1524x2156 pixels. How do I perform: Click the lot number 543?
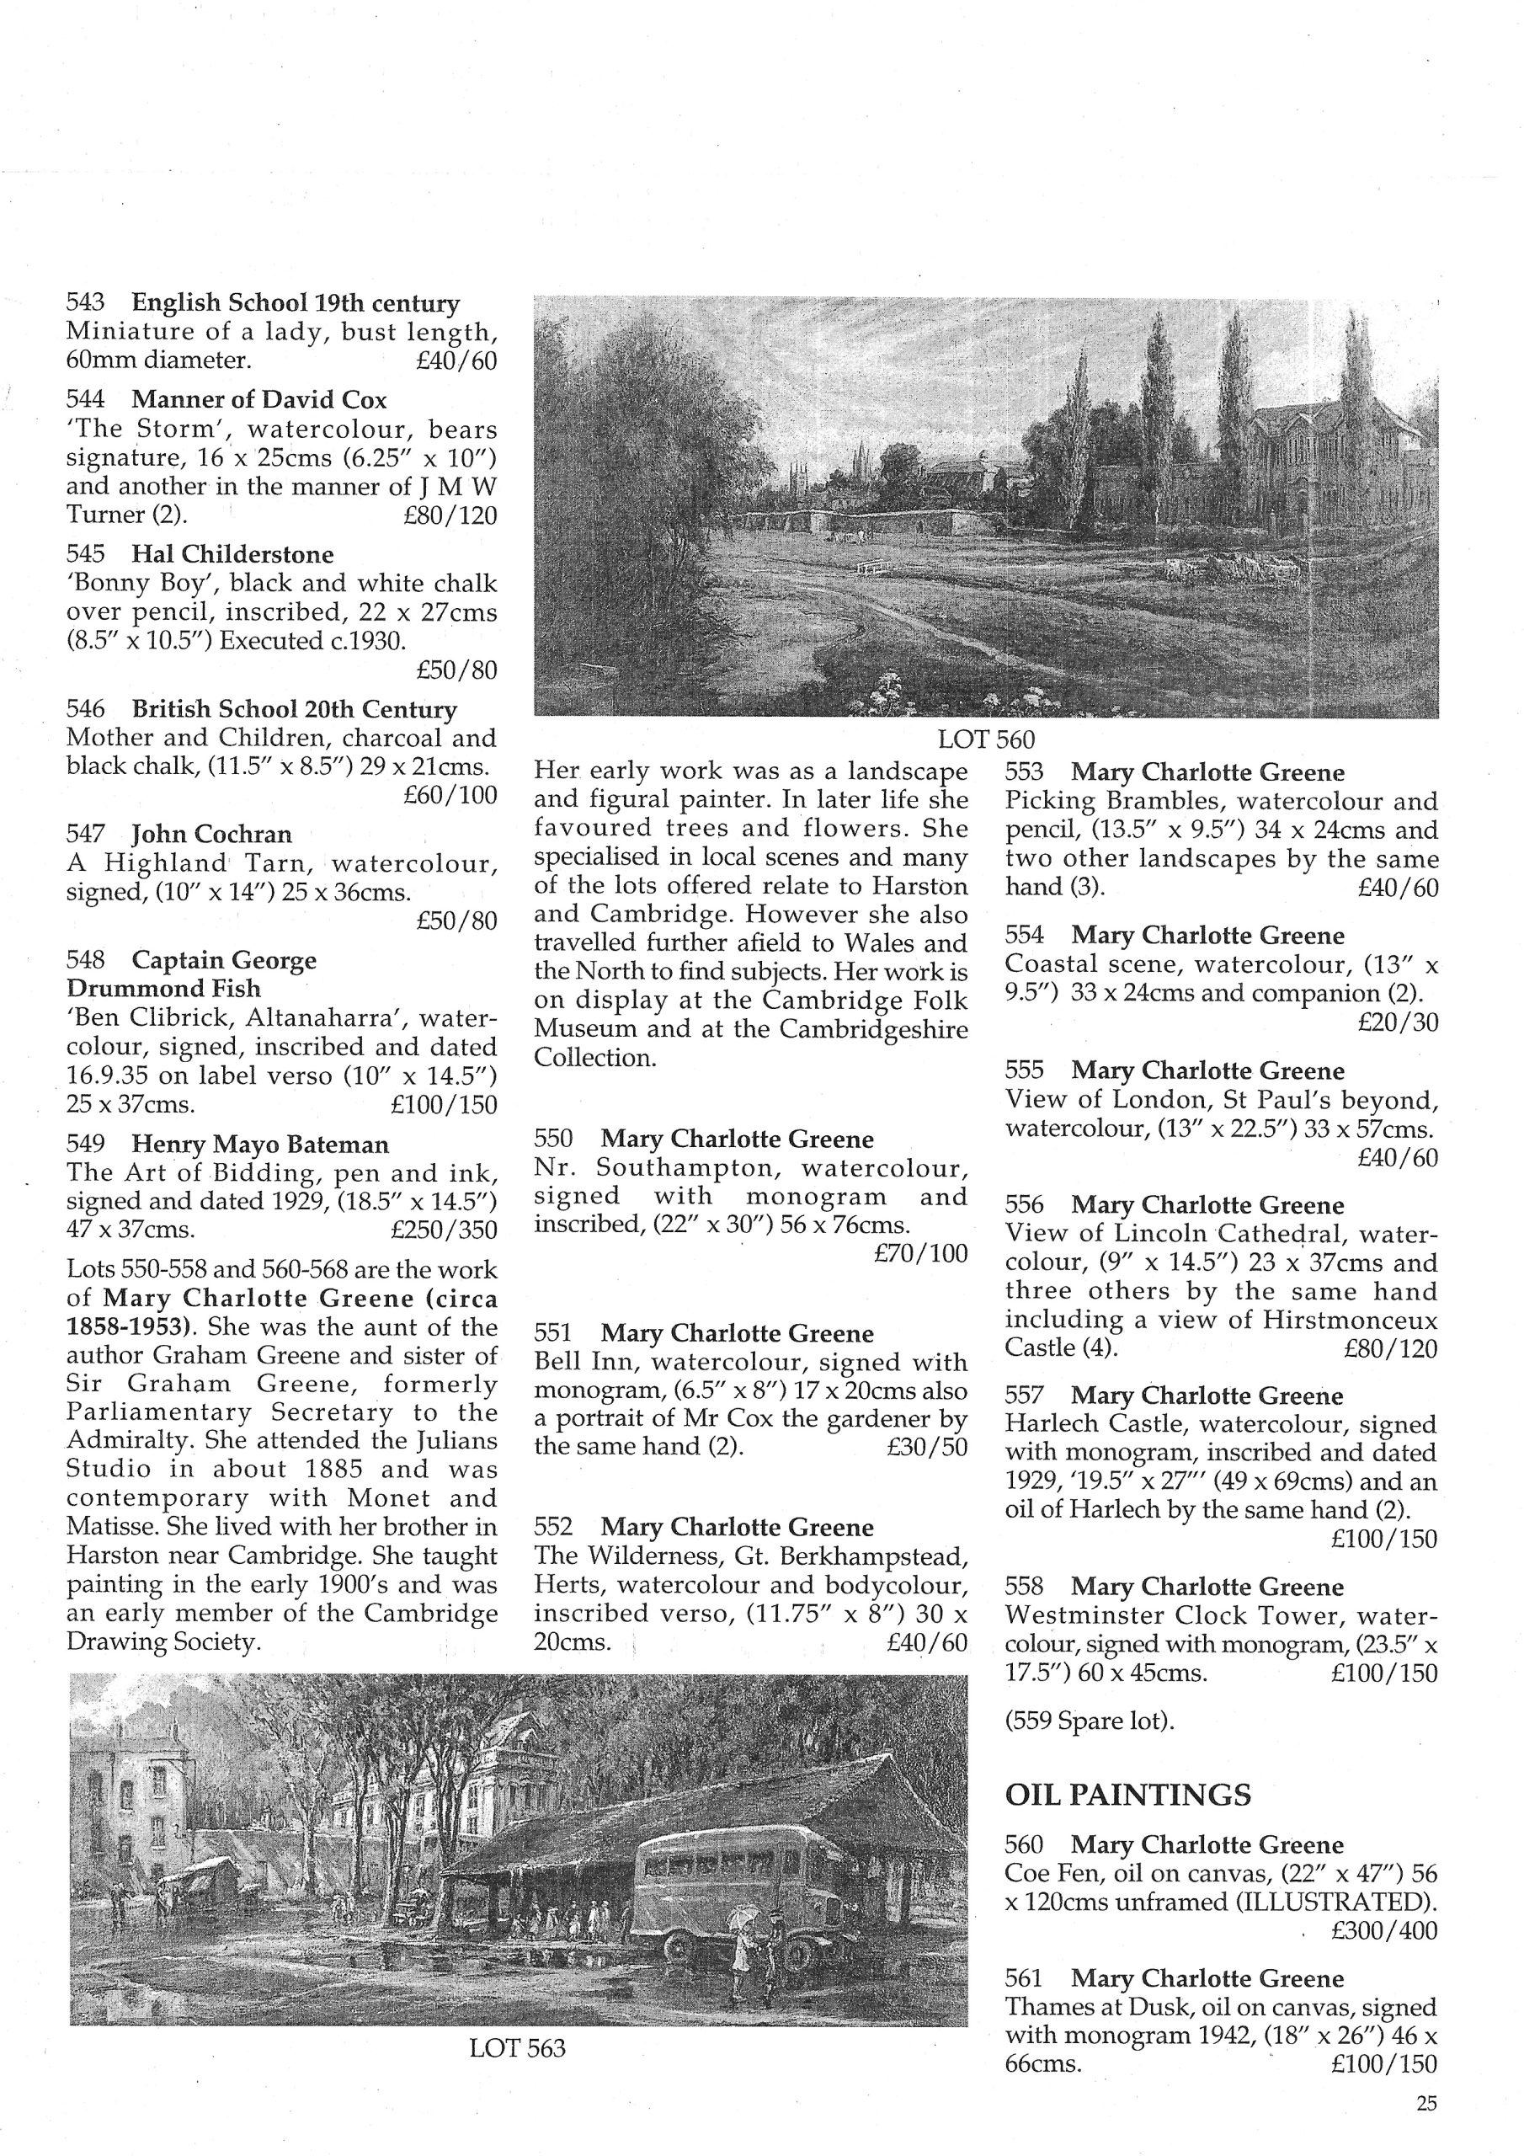point(84,303)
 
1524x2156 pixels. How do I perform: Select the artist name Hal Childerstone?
point(232,554)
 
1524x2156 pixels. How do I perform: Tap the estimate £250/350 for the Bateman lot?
point(443,1230)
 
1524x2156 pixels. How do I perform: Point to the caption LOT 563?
point(517,2048)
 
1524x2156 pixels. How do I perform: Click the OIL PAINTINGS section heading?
point(1127,1796)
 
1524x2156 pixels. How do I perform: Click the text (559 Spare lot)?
point(1090,1721)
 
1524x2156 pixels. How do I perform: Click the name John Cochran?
point(211,834)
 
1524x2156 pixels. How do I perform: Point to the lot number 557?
point(1024,1396)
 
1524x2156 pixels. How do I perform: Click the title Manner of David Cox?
point(258,400)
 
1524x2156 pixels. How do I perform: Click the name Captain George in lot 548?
point(223,960)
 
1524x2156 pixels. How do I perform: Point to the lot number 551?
point(553,1333)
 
